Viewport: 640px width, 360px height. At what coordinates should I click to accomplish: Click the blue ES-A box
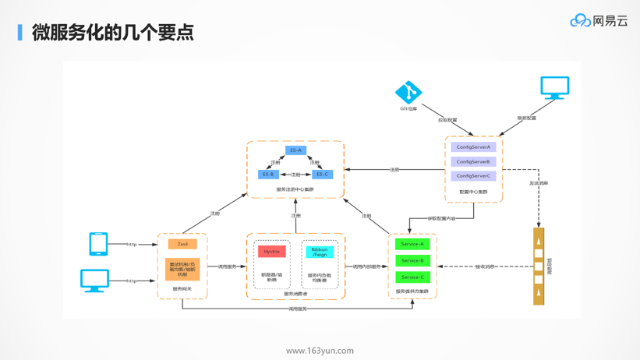click(295, 150)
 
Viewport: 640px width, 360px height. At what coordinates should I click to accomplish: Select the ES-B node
click(268, 175)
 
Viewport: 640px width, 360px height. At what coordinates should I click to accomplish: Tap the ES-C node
click(322, 175)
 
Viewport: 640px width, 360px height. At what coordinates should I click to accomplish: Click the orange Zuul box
click(182, 244)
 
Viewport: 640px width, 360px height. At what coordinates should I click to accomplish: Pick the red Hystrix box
click(271, 252)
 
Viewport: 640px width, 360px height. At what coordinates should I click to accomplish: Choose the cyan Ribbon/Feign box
click(320, 252)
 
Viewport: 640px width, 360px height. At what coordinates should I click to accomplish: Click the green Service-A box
click(412, 244)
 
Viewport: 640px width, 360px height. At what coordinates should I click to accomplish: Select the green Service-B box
click(412, 261)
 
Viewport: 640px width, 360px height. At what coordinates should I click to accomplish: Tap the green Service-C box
click(412, 277)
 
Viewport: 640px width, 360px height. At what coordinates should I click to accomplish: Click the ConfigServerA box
click(473, 147)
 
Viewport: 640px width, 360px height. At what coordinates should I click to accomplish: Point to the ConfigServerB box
click(473, 162)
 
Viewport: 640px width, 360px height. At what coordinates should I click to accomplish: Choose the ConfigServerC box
click(473, 176)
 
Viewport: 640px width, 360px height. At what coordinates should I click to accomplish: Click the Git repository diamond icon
click(408, 92)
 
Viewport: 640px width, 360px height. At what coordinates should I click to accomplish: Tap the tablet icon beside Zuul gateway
click(98, 244)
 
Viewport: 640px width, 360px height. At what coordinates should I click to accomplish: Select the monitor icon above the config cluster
click(554, 87)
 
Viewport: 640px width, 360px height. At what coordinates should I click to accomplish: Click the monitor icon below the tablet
click(95, 280)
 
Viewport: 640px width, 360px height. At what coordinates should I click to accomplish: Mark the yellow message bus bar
click(539, 266)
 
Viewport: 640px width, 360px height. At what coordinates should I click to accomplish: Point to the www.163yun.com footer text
click(320, 351)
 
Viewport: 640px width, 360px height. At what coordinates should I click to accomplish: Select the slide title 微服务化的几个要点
click(112, 32)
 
